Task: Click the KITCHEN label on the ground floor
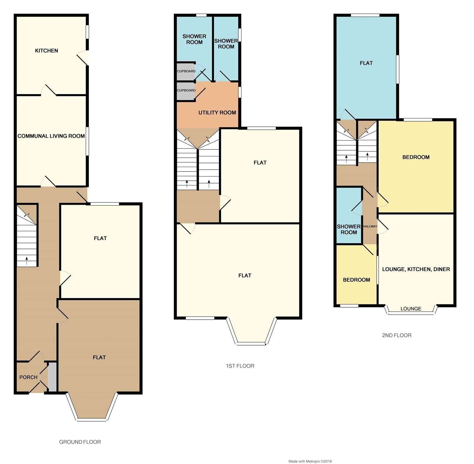(x=46, y=51)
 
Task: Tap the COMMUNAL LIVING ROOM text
(x=51, y=136)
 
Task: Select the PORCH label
(x=28, y=377)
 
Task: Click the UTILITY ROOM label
(x=217, y=112)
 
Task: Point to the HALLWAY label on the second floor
(x=370, y=226)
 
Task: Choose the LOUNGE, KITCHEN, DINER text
(x=416, y=269)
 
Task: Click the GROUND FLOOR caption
(x=80, y=442)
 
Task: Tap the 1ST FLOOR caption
(x=240, y=366)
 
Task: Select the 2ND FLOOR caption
(x=397, y=335)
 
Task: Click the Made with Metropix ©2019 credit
(x=310, y=461)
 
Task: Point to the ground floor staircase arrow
(x=27, y=261)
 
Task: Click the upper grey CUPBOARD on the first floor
(x=186, y=71)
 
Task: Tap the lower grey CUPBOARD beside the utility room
(x=186, y=90)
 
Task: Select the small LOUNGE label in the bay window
(x=411, y=309)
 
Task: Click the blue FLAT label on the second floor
(x=366, y=63)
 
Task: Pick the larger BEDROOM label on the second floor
(x=416, y=157)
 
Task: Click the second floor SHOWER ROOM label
(x=349, y=229)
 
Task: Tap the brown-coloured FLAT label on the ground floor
(x=99, y=357)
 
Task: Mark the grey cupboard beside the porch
(x=52, y=377)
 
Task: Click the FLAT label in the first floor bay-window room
(x=245, y=275)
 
